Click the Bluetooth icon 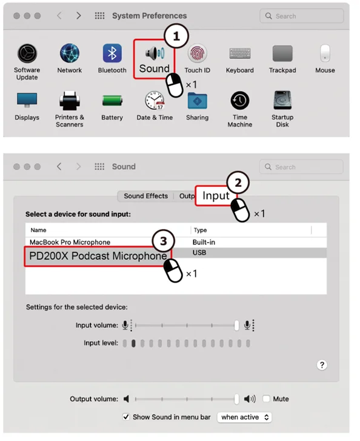112,53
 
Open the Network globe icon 70,53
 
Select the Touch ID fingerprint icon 198,53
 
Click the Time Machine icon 240,101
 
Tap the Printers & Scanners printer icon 70,101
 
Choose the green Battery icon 112,101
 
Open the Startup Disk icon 282,100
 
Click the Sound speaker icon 155,53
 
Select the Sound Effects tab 145,196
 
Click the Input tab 216,196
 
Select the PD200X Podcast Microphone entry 98,256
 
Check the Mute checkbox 266,399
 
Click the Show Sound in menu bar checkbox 126,417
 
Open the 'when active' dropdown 244,417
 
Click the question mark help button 322,365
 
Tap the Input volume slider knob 236,325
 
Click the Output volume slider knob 236,399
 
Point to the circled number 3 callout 163,241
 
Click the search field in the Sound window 301,167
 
